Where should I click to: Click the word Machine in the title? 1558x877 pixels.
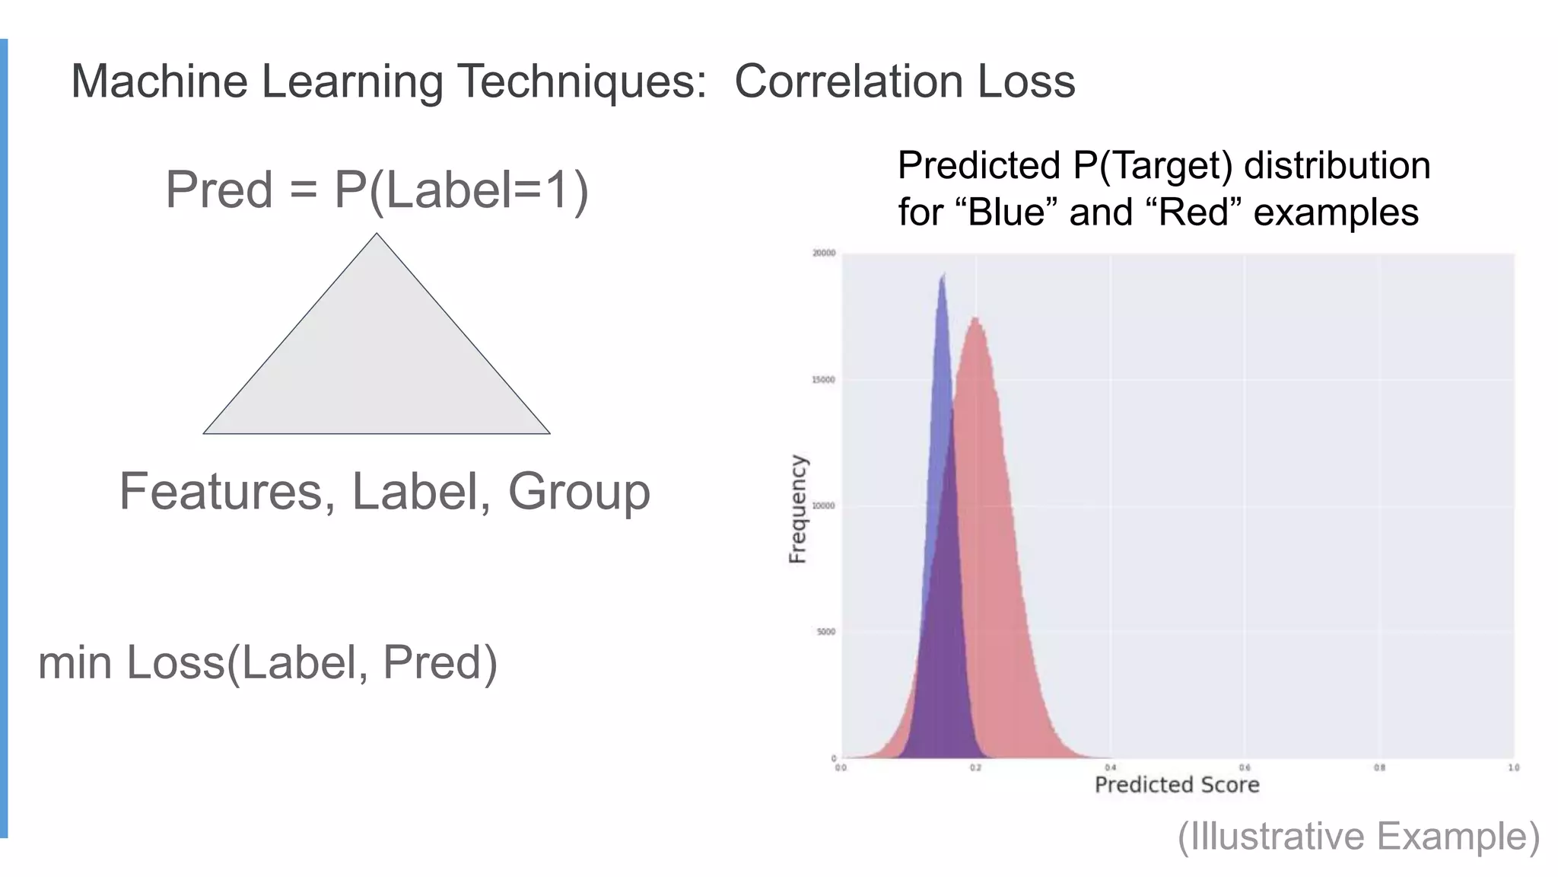(159, 81)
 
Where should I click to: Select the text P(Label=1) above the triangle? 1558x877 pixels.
(462, 190)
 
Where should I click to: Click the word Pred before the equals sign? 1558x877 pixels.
(219, 190)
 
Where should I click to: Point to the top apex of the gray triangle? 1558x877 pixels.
(377, 234)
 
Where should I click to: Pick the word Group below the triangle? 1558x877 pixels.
(579, 491)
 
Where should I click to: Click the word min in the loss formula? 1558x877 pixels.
(75, 662)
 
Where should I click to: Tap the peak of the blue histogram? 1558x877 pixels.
(943, 275)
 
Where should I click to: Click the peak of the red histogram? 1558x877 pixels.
(975, 320)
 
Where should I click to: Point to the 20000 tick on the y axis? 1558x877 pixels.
(824, 254)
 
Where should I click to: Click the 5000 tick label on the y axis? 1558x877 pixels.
(826, 632)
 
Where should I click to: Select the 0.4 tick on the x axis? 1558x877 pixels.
(1111, 767)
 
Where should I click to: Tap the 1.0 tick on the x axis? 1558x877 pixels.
(1513, 767)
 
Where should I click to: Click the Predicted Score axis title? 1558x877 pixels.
(1177, 785)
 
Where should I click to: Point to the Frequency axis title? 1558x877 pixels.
(797, 509)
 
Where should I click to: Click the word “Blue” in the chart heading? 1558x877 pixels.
(1013, 212)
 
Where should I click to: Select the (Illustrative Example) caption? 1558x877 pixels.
(1359, 836)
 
